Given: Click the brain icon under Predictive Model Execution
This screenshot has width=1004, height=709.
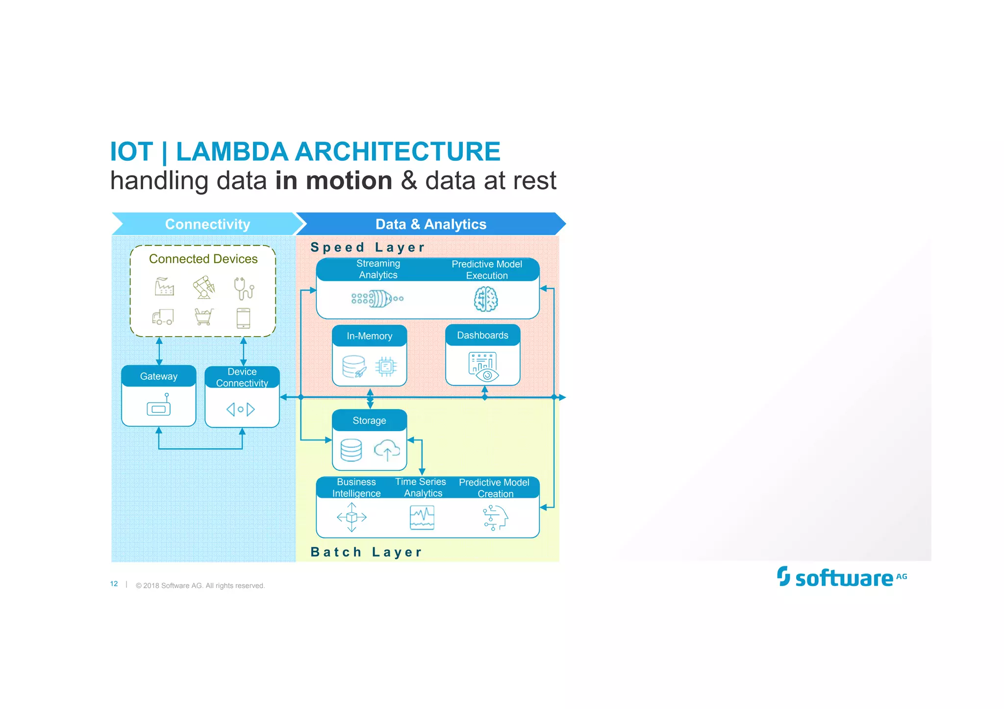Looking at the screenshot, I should (486, 299).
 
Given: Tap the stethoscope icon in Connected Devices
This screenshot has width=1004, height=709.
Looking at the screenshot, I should (244, 288).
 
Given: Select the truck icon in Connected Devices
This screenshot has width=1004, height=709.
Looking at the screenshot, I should (163, 317).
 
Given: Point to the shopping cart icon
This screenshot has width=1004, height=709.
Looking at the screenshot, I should (204, 317).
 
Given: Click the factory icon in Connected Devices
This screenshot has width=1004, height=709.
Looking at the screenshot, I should (164, 287).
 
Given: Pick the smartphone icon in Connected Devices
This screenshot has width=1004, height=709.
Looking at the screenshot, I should (243, 318).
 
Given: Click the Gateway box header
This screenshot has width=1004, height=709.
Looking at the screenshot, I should (159, 376).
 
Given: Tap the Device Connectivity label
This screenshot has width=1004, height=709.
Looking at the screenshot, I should (242, 377).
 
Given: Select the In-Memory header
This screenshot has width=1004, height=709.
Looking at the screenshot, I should (370, 336).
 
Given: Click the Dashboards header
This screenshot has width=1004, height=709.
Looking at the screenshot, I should (483, 335).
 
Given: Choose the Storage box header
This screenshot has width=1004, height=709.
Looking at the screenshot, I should (370, 420).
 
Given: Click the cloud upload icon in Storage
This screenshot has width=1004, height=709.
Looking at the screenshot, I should (387, 450).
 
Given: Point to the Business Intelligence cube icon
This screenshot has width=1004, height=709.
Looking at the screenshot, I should (351, 517).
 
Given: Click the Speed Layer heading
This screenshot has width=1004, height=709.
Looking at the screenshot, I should (368, 247).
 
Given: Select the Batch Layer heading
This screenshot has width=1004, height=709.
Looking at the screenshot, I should (366, 552).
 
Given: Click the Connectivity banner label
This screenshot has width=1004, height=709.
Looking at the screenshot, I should (207, 224).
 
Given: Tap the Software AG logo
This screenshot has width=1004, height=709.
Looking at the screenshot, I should (842, 577).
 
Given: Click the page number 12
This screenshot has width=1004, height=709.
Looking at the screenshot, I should (114, 584).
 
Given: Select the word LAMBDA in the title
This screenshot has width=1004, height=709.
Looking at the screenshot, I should (232, 151).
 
